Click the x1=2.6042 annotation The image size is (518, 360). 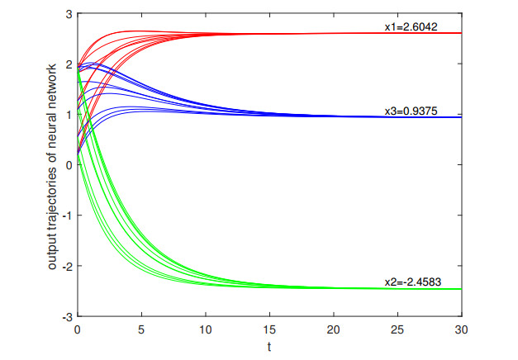(415, 26)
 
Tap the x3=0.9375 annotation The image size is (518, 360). (415, 111)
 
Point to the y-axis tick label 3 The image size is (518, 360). (69, 14)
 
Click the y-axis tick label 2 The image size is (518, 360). (69, 64)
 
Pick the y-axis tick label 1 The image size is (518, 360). (69, 115)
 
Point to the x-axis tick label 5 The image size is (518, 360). (141, 328)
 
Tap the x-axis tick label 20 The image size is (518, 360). (334, 328)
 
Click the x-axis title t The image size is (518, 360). (269, 346)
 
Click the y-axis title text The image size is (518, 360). (51, 165)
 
